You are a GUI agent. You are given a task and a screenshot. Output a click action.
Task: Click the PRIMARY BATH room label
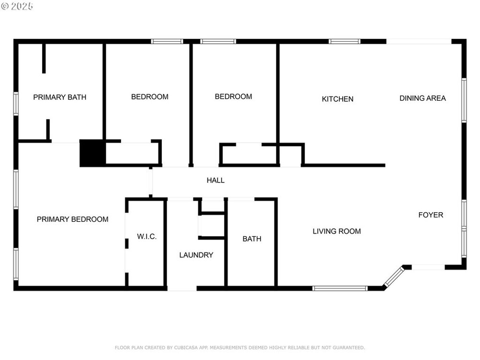click(x=60, y=97)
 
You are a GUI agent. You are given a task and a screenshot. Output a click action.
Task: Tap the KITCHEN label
click(x=337, y=99)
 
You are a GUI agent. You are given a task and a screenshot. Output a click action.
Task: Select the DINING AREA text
click(x=423, y=98)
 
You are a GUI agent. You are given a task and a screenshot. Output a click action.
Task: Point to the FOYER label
click(x=431, y=215)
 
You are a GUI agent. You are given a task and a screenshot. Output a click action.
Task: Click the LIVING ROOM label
click(x=337, y=231)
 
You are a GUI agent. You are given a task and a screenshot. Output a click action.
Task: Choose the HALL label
click(x=216, y=180)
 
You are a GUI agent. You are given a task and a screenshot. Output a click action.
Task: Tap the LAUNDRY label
click(x=196, y=255)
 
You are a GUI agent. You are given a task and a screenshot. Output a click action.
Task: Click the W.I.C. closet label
click(x=146, y=237)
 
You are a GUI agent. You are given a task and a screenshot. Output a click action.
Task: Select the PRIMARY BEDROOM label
click(x=72, y=219)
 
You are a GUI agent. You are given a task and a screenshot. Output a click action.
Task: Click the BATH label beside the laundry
click(x=252, y=239)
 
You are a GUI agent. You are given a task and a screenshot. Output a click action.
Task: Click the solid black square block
click(x=93, y=153)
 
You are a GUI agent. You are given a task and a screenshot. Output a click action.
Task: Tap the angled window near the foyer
click(x=394, y=276)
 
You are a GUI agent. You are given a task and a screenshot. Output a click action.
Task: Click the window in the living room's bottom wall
click(x=340, y=288)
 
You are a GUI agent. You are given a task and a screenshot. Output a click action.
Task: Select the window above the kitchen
click(x=344, y=41)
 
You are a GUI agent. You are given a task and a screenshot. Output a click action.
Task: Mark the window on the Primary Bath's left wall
click(x=16, y=104)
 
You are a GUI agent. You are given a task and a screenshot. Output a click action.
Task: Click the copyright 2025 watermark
click(x=17, y=6)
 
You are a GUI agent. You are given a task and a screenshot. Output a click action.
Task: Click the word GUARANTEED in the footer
click(x=348, y=348)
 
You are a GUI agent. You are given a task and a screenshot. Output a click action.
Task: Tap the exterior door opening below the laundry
click(x=182, y=288)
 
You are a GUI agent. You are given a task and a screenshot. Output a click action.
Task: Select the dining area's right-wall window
click(x=464, y=100)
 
